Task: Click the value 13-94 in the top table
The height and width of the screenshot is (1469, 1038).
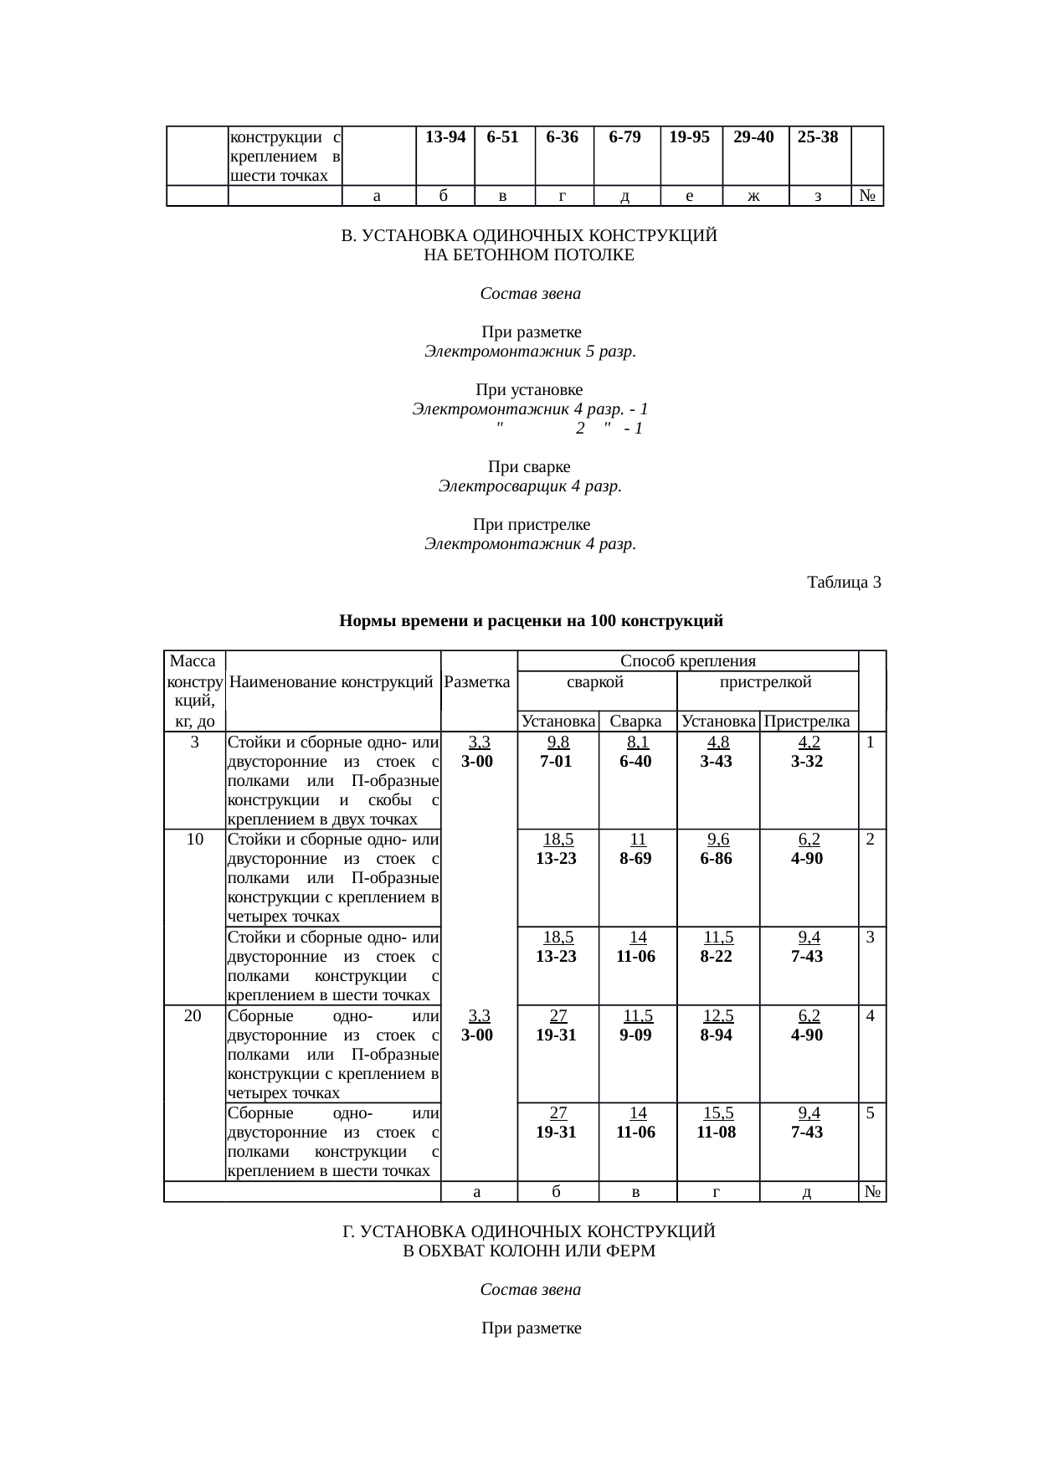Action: [x=445, y=137]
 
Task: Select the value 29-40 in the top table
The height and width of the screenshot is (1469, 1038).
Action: [x=754, y=137]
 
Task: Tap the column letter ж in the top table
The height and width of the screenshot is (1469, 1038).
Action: [x=754, y=197]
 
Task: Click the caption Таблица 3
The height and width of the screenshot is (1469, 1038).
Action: [x=844, y=582]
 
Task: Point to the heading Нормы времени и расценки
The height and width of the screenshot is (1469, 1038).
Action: [x=531, y=621]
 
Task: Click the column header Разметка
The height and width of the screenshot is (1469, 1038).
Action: [x=478, y=681]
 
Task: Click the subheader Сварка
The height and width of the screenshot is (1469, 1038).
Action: [x=636, y=721]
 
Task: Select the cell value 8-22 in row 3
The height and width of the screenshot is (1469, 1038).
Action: [x=717, y=956]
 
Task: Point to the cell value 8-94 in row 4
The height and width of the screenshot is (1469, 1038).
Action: [x=717, y=1035]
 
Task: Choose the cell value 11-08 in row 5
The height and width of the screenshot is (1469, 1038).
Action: [x=717, y=1132]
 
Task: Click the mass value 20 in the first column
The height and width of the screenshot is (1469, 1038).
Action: [x=193, y=1015]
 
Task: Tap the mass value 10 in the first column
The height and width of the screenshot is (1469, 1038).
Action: [x=195, y=839]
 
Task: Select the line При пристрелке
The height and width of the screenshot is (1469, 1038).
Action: [x=531, y=525]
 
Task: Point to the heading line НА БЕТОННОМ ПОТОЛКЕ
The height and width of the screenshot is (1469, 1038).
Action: [x=529, y=255]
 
